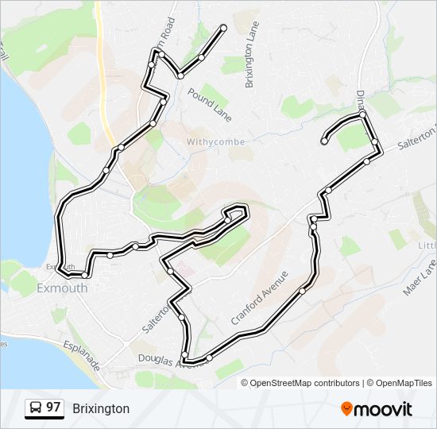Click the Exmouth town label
coord(62,288)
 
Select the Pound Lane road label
coord(210,104)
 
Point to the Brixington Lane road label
coord(252,54)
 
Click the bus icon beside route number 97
coord(35,408)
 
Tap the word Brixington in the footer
coord(101,409)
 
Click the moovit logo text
coord(383,409)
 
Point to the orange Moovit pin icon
coord(346,408)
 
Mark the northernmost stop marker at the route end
coord(223,29)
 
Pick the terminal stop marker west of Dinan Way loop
coord(324,141)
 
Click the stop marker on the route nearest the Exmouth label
coord(83,275)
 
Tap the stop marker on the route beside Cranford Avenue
coord(302,291)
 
